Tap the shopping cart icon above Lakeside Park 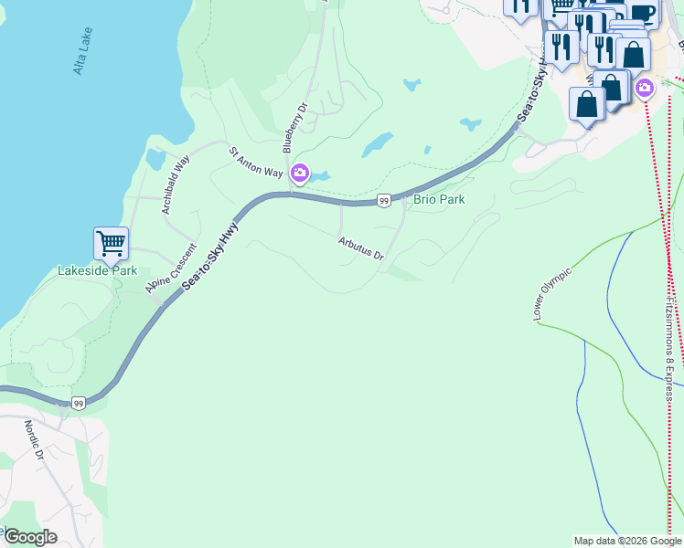tap(111, 244)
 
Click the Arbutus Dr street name tap(360, 248)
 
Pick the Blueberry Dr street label tap(293, 126)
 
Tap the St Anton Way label tap(255, 162)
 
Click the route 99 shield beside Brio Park tap(384, 200)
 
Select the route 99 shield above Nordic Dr tap(80, 403)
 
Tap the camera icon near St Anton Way tap(299, 173)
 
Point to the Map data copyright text tap(627, 541)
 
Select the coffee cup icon tap(643, 13)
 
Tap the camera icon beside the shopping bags tap(645, 88)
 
